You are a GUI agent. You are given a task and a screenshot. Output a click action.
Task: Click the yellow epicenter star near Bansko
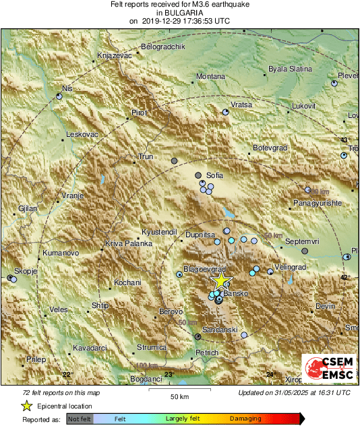221,282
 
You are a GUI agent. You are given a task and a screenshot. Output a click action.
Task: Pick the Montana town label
210,77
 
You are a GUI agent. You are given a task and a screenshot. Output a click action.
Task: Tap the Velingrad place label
291,267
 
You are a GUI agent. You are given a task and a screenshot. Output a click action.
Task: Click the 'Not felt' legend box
80,419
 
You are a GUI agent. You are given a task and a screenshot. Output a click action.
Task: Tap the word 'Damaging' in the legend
245,419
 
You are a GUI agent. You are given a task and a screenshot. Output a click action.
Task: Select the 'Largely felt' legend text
184,419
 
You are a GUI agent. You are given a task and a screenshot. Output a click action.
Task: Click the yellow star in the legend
26,406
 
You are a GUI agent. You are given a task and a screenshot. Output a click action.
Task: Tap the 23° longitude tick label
169,375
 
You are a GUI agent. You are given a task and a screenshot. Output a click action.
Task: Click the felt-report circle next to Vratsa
227,113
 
